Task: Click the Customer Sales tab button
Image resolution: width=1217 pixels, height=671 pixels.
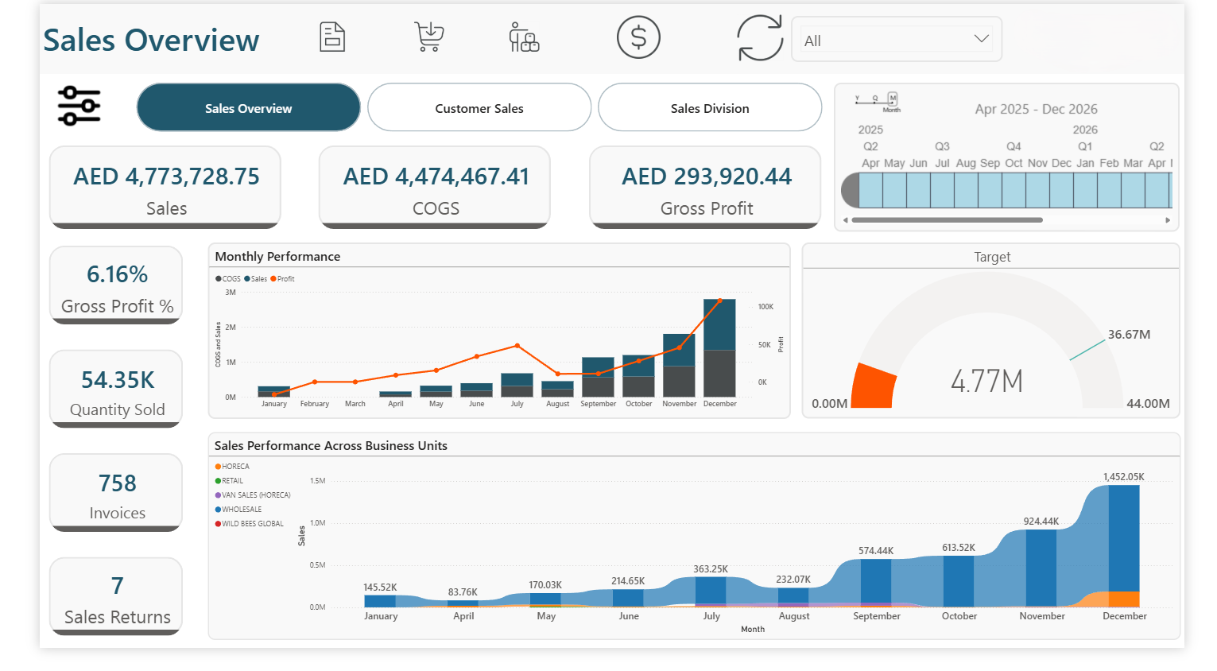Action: (479, 108)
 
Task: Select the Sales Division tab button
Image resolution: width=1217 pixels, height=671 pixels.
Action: (709, 108)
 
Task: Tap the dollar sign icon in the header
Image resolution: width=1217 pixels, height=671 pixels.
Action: (638, 37)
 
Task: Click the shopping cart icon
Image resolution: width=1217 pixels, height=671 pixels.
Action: (429, 37)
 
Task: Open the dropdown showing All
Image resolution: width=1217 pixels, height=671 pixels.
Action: (896, 40)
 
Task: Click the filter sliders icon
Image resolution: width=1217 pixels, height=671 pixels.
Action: (79, 106)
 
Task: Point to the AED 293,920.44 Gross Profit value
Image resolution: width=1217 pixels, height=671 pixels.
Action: (706, 176)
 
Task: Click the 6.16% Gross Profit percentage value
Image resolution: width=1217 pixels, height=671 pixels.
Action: (117, 274)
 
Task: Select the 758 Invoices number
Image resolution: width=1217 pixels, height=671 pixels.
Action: (117, 483)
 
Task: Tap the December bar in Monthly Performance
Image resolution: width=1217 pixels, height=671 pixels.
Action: (719, 350)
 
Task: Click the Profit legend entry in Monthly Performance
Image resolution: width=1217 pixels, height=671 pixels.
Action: (283, 279)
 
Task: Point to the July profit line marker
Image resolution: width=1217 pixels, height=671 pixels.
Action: (517, 346)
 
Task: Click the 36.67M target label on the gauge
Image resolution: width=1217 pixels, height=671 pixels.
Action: (1129, 335)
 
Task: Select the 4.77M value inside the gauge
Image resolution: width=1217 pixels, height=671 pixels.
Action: (986, 382)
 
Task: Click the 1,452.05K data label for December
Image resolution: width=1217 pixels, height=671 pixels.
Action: (1123, 477)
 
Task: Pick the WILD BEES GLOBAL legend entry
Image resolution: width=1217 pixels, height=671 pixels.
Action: (250, 524)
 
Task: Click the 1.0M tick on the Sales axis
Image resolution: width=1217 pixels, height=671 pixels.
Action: (317, 523)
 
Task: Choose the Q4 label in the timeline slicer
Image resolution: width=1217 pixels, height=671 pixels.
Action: (1014, 146)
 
